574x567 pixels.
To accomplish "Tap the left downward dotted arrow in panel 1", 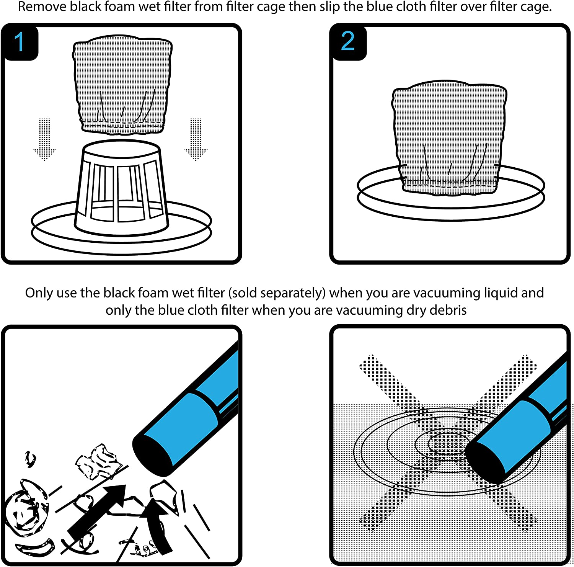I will click(45, 139).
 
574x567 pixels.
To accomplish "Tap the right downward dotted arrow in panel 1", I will click(196, 139).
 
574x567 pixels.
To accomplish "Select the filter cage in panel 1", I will click(122, 188).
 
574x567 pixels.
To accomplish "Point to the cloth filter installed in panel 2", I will click(450, 138).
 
